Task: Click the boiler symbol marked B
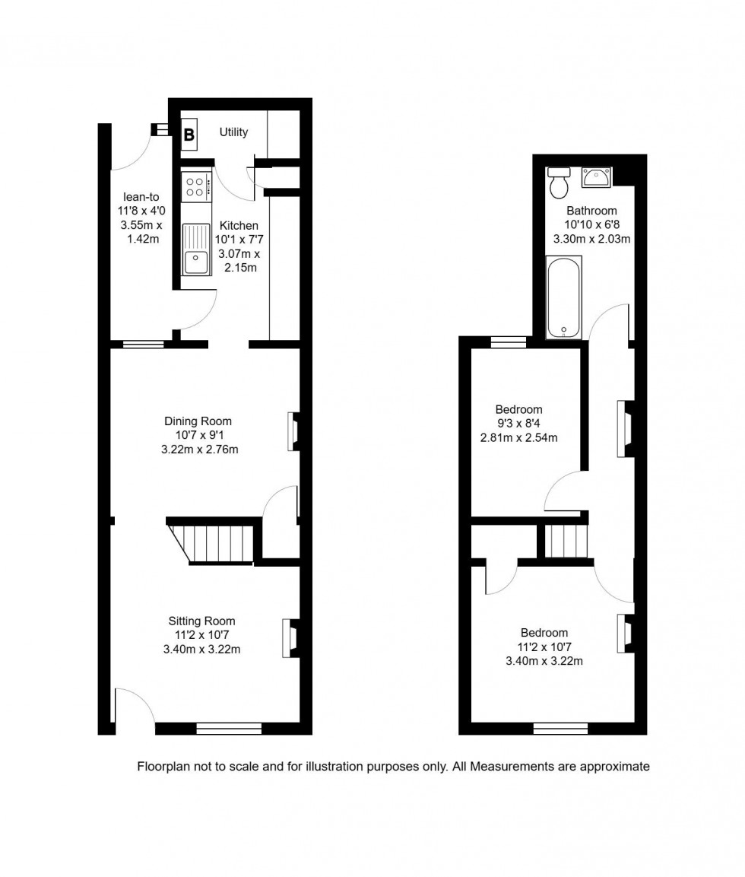[189, 135]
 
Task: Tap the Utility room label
[233, 132]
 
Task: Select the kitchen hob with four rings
[195, 186]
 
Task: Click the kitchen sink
[195, 249]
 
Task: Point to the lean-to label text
[135, 197]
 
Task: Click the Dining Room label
[198, 421]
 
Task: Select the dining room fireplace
[293, 431]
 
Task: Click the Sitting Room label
[201, 621]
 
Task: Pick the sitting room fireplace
[289, 637]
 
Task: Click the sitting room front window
[229, 729]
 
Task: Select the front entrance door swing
[135, 706]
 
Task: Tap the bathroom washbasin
[596, 177]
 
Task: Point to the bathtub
[564, 297]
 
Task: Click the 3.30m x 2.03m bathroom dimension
[591, 238]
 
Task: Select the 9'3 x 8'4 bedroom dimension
[518, 423]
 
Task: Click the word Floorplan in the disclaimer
[163, 767]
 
